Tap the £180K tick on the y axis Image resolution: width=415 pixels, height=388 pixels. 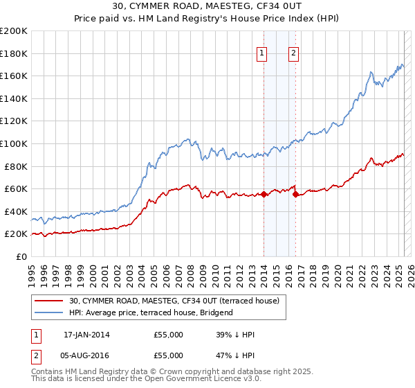[14, 53]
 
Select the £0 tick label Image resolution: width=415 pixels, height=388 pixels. [21, 256]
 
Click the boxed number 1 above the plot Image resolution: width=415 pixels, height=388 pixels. [263, 54]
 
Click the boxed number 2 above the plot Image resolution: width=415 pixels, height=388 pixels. [294, 54]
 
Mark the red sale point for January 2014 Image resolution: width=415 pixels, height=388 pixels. [264, 195]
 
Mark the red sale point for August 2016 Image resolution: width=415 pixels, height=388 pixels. [295, 195]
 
